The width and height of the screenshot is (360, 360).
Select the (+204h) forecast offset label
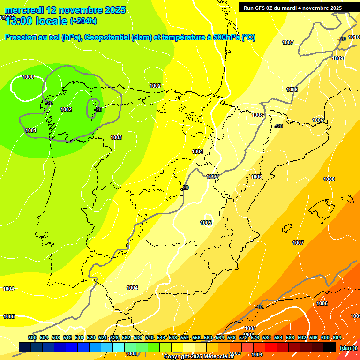point(83,21)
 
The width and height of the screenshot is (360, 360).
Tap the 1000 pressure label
point(28,77)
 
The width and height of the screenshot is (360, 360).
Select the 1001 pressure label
point(31,130)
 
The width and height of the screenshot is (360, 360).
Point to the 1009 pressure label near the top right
point(337,58)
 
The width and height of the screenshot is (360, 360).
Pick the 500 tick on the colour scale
point(32,337)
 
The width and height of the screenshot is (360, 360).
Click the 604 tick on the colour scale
point(337,337)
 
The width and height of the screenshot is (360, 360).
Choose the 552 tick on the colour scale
point(185,337)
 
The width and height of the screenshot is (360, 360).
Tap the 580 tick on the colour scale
point(267,337)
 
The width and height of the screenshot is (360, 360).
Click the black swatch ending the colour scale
point(330,347)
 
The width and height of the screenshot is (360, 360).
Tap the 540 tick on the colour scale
point(150,337)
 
